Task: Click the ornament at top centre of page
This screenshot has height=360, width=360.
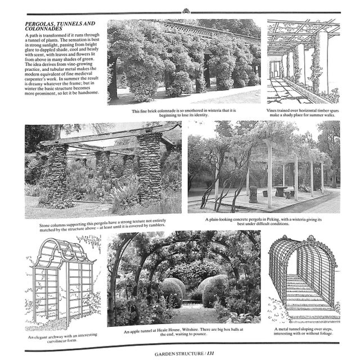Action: [x=185, y=11]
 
